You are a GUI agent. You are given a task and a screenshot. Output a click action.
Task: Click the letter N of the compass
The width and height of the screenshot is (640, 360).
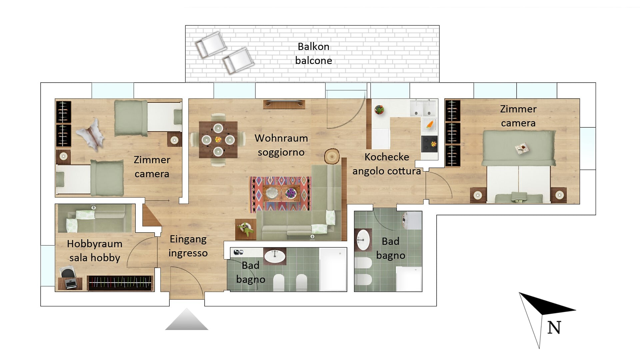tap(554, 328)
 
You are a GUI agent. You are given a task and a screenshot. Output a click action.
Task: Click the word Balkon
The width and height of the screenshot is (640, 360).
tap(313, 47)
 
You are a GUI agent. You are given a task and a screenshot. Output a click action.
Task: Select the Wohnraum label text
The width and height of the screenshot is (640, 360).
tap(281, 138)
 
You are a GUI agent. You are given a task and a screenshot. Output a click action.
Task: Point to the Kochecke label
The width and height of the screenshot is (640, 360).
tap(387, 157)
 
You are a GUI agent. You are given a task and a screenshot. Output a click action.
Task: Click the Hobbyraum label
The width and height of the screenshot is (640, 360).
tap(94, 244)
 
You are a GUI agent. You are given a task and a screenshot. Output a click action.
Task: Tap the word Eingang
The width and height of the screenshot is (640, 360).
tap(188, 239)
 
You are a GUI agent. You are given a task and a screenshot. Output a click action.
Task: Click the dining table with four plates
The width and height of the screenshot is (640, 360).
tap(218, 139)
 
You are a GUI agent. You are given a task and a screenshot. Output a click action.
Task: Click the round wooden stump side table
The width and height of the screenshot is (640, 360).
tap(332, 156)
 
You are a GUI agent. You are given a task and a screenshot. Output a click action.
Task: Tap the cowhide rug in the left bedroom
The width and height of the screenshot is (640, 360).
tap(91, 134)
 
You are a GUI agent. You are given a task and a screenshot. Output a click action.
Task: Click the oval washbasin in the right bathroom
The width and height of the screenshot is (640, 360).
tap(363, 240)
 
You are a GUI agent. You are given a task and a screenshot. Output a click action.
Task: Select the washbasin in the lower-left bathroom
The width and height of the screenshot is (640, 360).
tap(275, 256)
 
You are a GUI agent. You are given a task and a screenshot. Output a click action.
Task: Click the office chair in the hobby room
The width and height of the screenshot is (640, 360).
tap(67, 271)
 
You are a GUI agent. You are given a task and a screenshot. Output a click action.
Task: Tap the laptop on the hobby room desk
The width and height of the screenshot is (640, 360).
tap(71, 284)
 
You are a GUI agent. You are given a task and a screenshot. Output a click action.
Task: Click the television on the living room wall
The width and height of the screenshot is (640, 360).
tap(284, 104)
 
